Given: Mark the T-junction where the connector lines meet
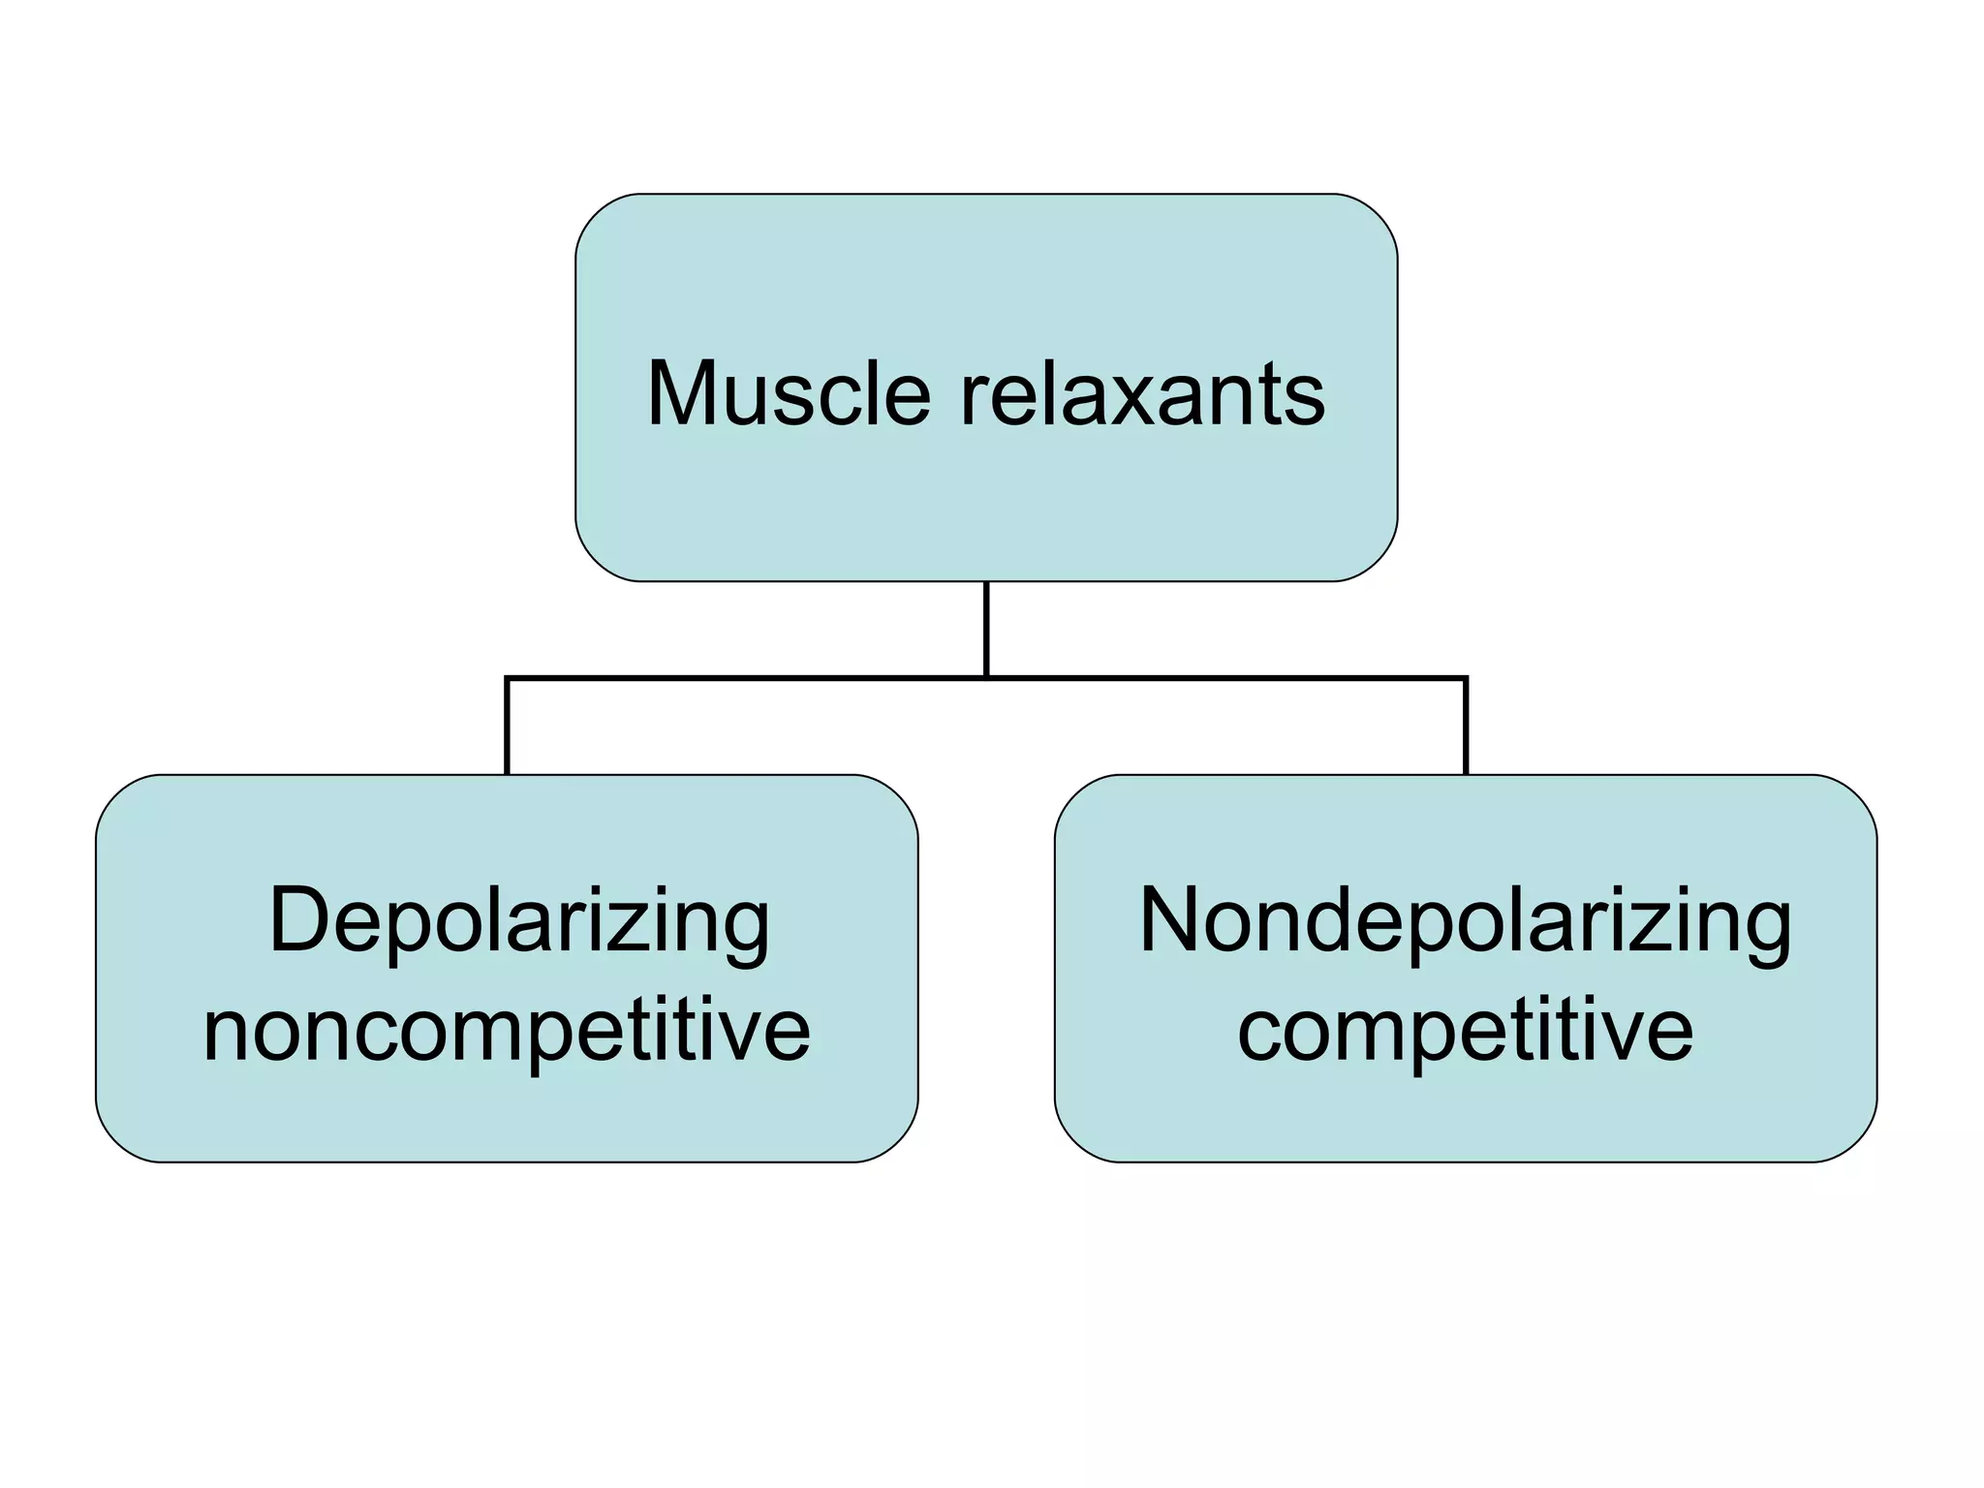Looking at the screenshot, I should click(x=986, y=678).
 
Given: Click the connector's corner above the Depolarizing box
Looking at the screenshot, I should click(x=507, y=678).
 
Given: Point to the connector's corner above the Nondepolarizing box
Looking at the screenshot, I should click(x=1466, y=678).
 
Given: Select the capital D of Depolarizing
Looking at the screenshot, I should click(x=300, y=920).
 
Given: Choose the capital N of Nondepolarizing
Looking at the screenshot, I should click(x=1173, y=920).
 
